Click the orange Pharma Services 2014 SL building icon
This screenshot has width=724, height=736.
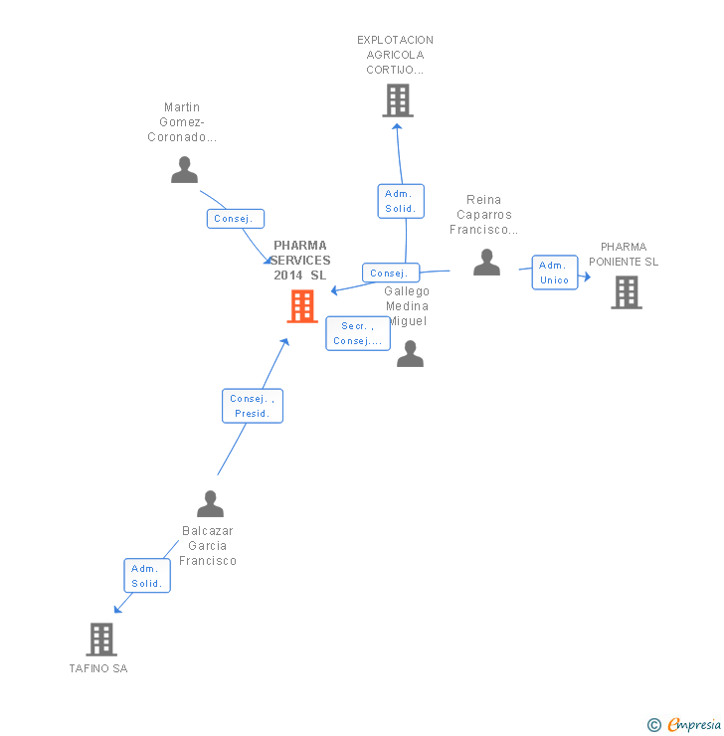(x=302, y=306)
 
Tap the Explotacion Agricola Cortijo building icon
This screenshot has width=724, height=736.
(x=397, y=100)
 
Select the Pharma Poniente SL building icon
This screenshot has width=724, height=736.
(x=626, y=292)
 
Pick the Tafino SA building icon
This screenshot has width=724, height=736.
(x=101, y=639)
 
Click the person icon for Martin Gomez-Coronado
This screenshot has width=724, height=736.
(x=184, y=170)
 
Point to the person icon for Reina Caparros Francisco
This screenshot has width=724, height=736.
(x=486, y=263)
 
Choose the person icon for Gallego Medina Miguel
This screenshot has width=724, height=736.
(x=410, y=354)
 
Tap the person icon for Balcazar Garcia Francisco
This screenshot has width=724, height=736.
(x=210, y=504)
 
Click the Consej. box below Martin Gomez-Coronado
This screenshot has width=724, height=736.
(x=236, y=219)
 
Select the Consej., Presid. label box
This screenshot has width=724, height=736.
(x=253, y=406)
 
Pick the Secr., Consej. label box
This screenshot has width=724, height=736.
(x=358, y=333)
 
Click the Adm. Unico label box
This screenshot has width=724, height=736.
(x=554, y=273)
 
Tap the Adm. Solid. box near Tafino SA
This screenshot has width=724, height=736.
(x=147, y=576)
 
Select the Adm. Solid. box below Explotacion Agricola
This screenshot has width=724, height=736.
(x=401, y=201)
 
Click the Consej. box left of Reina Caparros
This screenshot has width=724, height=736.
(x=390, y=273)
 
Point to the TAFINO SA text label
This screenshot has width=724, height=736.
(x=98, y=668)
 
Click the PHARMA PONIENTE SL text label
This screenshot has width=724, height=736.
(x=624, y=255)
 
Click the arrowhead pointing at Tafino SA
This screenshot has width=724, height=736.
(x=117, y=609)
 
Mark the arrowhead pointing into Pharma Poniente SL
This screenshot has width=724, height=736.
(x=587, y=277)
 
